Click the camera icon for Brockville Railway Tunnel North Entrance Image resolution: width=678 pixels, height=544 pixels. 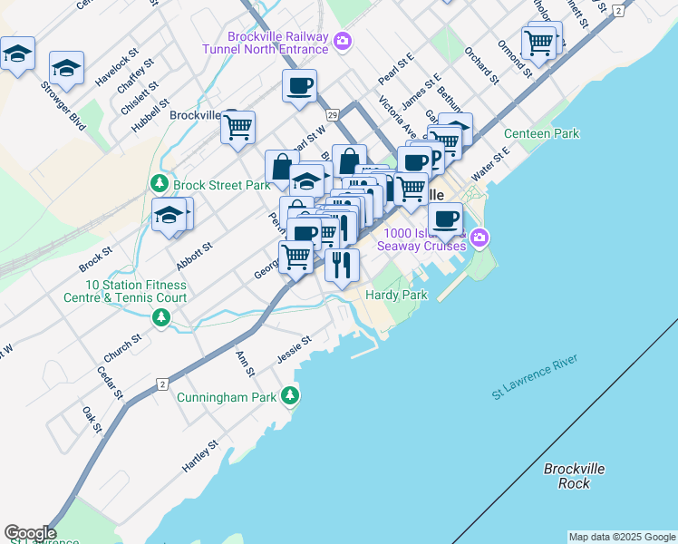(x=343, y=40)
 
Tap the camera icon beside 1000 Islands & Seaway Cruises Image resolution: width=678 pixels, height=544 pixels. (x=479, y=238)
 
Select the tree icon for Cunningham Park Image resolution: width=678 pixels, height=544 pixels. (x=290, y=395)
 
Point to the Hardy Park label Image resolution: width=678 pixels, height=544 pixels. (x=396, y=296)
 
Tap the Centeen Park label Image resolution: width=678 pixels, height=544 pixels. (x=541, y=134)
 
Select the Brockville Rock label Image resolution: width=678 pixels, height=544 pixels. (x=575, y=476)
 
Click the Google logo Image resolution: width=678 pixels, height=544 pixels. (x=30, y=533)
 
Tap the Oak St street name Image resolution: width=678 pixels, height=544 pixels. (x=92, y=419)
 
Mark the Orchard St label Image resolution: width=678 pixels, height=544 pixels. (x=481, y=62)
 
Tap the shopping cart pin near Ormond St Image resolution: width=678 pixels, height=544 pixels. (x=538, y=42)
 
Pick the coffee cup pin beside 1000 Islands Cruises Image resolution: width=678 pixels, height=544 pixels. (x=445, y=219)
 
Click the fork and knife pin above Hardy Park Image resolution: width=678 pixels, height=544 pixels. (x=342, y=265)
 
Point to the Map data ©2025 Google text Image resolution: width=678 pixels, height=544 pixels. (x=621, y=537)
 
